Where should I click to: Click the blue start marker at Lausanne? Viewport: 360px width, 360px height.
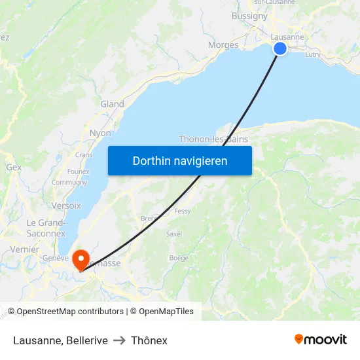[x=280, y=48]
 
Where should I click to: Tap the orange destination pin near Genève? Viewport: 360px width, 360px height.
[x=81, y=259]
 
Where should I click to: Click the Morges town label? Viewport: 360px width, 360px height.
[x=223, y=45]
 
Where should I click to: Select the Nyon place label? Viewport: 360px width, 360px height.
[x=100, y=133]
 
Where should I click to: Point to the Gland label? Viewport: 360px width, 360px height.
[x=112, y=104]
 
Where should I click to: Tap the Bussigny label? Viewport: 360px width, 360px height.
[x=249, y=16]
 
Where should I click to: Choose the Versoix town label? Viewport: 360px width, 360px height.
[x=66, y=205]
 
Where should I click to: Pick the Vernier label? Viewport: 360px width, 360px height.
[x=25, y=249]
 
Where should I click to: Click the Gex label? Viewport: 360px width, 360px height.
[x=14, y=167]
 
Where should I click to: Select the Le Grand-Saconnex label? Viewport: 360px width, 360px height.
[x=46, y=228]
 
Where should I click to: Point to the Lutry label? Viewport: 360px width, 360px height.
[x=313, y=55]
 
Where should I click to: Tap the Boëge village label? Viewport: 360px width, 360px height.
[x=179, y=258]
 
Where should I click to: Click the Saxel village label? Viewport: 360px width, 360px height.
[x=174, y=234]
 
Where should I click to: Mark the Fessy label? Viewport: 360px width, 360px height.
[x=183, y=211]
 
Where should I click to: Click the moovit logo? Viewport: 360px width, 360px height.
[x=321, y=339]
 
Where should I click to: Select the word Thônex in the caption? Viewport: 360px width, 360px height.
[x=149, y=340]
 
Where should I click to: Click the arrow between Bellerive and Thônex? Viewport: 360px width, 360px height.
[x=119, y=340]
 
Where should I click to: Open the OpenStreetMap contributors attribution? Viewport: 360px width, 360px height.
[x=69, y=312]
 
